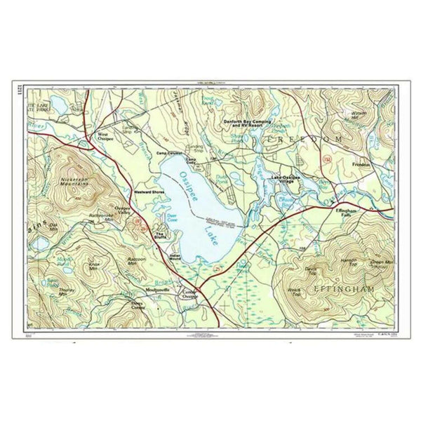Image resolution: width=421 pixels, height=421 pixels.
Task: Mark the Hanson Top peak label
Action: [349, 261]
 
